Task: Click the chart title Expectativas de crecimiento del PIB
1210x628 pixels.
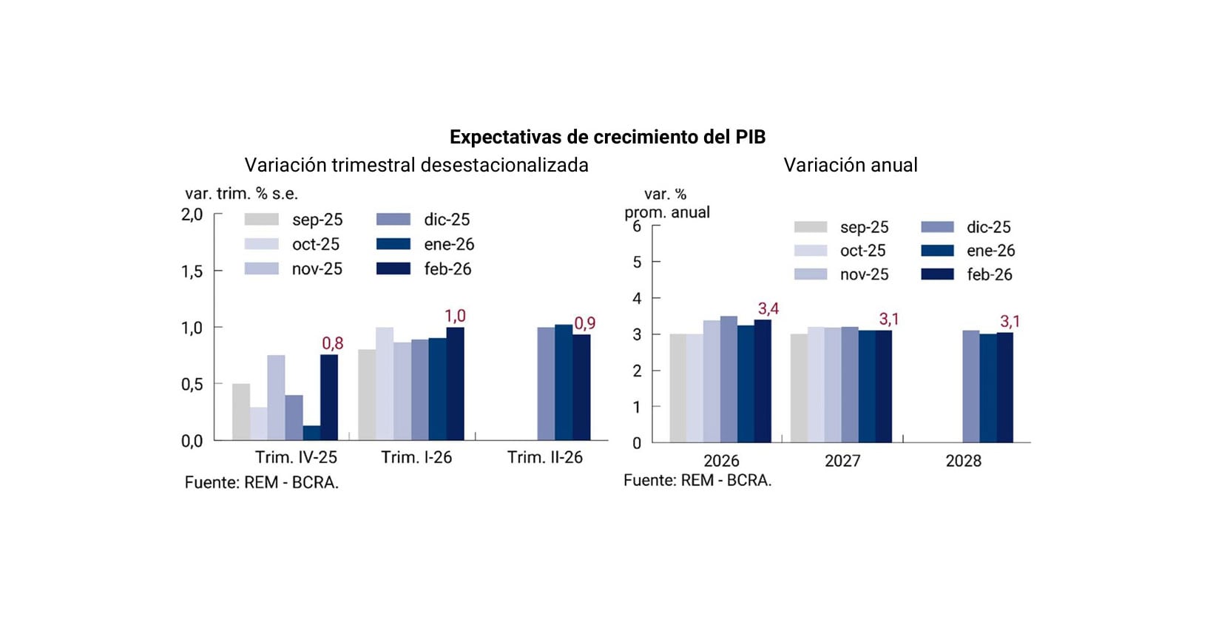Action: click(x=607, y=137)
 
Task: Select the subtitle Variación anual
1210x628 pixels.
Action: click(x=851, y=165)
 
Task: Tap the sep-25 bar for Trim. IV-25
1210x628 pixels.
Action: click(x=241, y=412)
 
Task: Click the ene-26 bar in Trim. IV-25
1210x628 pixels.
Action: click(x=311, y=433)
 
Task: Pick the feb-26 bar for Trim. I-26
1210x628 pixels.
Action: click(x=456, y=384)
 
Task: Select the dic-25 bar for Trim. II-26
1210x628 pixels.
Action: click(x=546, y=384)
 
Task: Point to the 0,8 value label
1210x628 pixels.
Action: click(x=333, y=343)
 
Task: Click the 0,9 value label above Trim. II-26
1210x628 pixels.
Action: click(x=585, y=323)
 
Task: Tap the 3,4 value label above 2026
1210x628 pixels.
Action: click(x=768, y=308)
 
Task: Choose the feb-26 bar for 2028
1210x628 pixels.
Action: click(x=1004, y=388)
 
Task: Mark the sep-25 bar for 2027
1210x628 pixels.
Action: click(x=799, y=388)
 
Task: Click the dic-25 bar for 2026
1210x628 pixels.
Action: click(x=729, y=379)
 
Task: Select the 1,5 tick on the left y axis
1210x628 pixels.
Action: click(x=192, y=271)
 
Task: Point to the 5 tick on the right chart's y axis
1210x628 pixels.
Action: click(x=637, y=262)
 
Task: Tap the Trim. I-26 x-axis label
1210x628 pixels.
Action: click(x=416, y=458)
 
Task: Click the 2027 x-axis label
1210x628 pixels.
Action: click(x=842, y=461)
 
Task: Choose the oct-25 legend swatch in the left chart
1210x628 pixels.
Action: click(x=262, y=244)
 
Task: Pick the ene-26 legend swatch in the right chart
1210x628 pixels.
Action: click(x=937, y=251)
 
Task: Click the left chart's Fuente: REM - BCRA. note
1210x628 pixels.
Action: click(x=262, y=483)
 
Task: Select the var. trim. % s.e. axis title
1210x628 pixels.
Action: click(x=241, y=194)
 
